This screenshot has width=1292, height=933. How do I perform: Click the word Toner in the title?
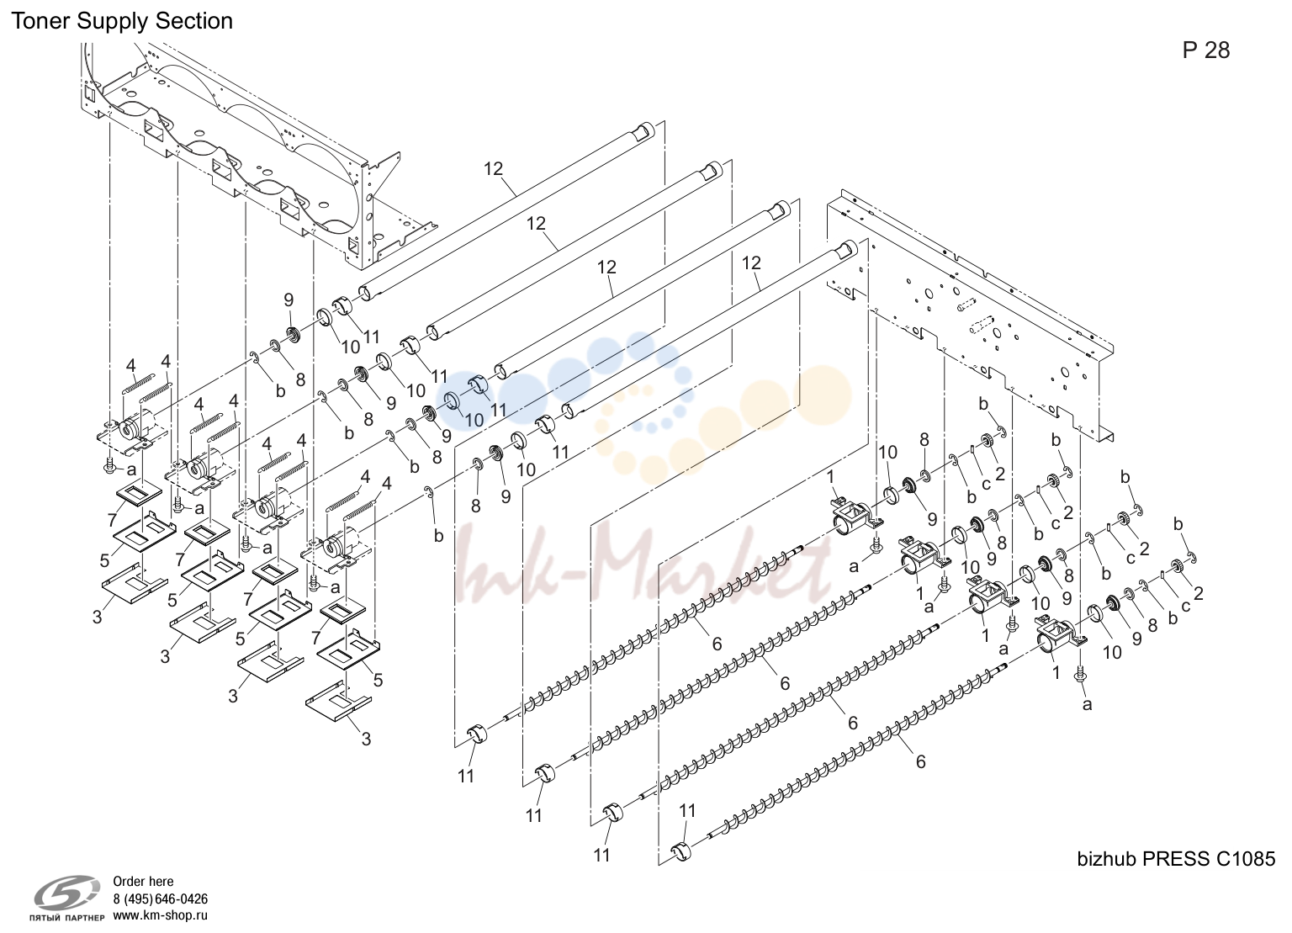(40, 21)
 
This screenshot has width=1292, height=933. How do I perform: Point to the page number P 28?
(1206, 50)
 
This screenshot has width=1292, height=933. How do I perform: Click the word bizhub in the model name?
(1107, 859)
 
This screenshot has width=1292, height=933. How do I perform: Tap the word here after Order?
(160, 881)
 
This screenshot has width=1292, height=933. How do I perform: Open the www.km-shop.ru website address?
(160, 915)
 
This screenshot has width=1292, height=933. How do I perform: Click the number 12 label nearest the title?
(493, 169)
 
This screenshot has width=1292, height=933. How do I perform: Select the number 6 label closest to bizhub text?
(920, 761)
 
